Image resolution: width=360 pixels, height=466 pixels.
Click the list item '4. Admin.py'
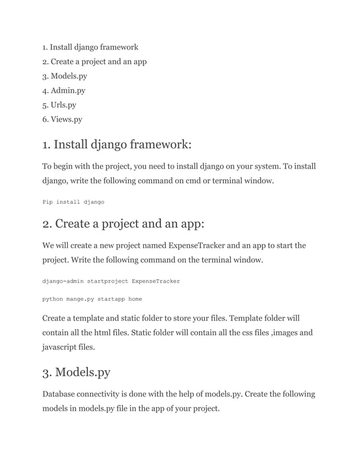click(64, 90)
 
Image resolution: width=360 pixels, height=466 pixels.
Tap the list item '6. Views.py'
click(62, 119)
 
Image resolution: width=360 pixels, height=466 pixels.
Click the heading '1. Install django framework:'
click(117, 145)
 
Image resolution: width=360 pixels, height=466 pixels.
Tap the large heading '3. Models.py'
click(76, 372)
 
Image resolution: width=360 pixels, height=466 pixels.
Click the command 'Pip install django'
click(73, 201)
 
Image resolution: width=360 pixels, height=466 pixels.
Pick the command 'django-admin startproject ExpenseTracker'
click(111, 280)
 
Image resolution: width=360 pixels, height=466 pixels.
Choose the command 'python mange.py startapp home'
click(92, 299)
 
